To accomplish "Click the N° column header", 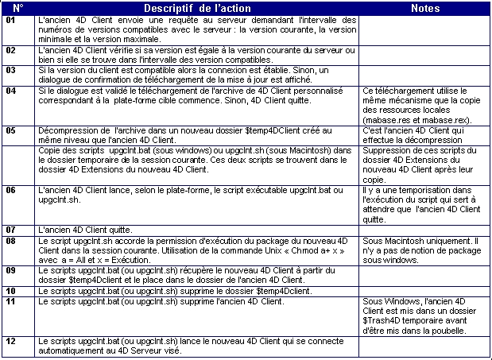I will pyautogui.click(x=18, y=8).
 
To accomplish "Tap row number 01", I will pyautogui.click(x=10, y=20).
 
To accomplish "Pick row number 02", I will pyautogui.click(x=10, y=50).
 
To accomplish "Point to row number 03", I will pyautogui.click(x=10, y=70).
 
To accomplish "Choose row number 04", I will pyautogui.click(x=10, y=91).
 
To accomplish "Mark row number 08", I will pyautogui.click(x=10, y=239).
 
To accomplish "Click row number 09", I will pyautogui.click(x=10, y=269).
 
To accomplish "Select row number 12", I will pyautogui.click(x=10, y=341).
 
